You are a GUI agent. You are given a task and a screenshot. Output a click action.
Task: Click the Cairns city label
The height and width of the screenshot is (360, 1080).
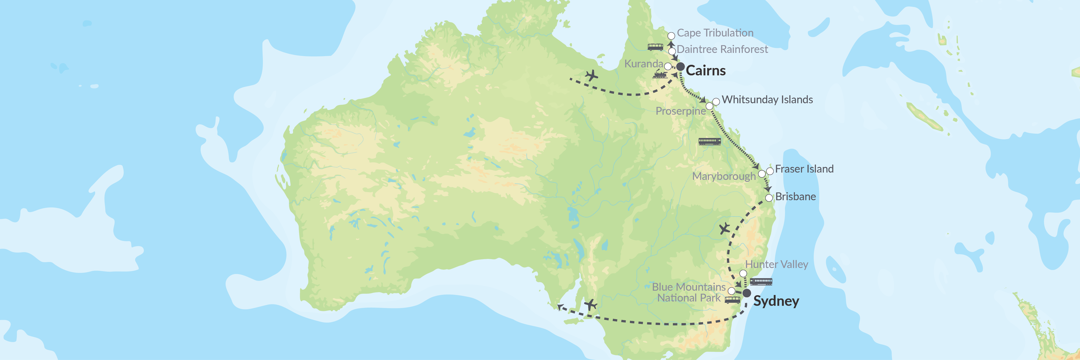[706, 70]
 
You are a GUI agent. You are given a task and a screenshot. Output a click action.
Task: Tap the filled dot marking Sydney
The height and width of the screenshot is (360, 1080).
[747, 293]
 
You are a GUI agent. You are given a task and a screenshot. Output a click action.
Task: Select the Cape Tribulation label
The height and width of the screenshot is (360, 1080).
[715, 33]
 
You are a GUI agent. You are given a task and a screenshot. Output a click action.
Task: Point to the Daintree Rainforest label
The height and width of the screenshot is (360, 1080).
[722, 49]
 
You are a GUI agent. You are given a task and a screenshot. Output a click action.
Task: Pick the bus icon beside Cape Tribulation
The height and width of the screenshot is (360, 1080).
[655, 47]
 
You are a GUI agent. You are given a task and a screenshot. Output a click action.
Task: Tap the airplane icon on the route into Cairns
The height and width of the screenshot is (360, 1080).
[591, 76]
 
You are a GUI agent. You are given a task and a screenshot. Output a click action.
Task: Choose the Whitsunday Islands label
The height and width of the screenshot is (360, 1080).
[767, 99]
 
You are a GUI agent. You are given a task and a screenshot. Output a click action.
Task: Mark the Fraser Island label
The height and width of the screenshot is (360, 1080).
[804, 169]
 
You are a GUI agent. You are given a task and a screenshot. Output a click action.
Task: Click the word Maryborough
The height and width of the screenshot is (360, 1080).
[724, 176]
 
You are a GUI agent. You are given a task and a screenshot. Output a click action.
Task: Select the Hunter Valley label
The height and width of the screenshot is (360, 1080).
[777, 265]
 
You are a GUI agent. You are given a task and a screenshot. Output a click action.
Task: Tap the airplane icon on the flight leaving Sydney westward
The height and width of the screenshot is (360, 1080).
[590, 305]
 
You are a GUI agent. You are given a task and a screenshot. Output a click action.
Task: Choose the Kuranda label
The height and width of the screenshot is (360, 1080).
[643, 64]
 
